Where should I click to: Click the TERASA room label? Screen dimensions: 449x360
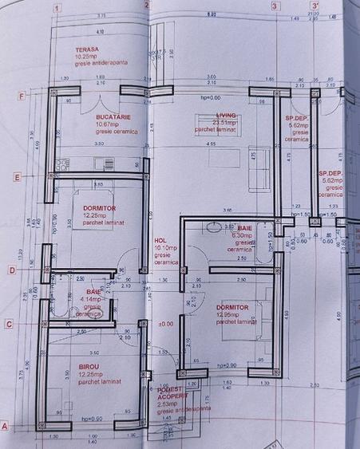click(88, 49)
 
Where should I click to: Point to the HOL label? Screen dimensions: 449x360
click(160, 239)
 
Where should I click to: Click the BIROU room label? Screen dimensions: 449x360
click(89, 368)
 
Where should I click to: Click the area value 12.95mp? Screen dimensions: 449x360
click(228, 315)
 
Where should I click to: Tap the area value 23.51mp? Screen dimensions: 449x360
click(212, 123)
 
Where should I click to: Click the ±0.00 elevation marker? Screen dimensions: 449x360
click(166, 324)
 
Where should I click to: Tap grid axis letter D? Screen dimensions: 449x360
click(12, 270)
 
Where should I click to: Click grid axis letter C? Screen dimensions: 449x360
click(10, 324)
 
